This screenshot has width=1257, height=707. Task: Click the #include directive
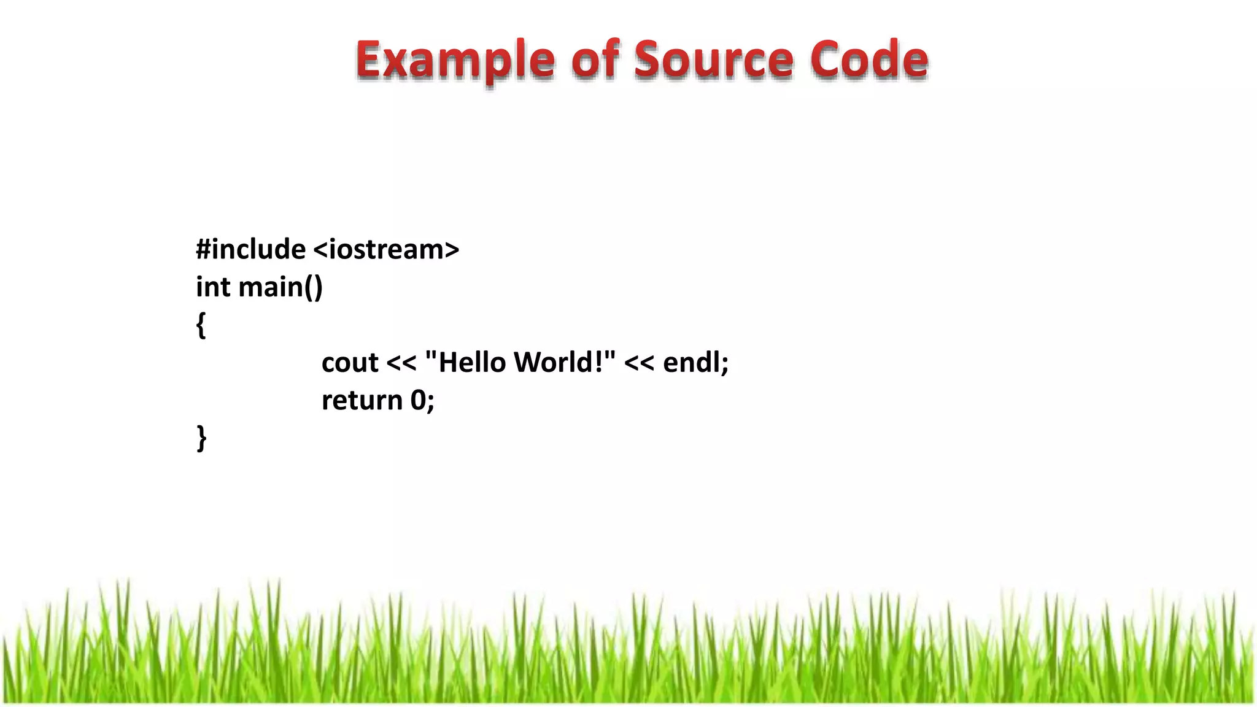(x=250, y=249)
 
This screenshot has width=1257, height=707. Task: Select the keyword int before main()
(x=213, y=287)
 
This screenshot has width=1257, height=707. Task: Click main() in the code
(x=280, y=287)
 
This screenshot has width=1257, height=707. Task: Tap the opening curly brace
(x=201, y=325)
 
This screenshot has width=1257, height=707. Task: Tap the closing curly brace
(x=201, y=438)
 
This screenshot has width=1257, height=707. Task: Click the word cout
(x=350, y=363)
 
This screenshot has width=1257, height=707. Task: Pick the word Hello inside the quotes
(x=472, y=362)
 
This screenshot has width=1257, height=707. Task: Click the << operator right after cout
(x=401, y=363)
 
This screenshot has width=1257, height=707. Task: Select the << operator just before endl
(x=639, y=363)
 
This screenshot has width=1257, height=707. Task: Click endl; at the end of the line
(x=696, y=362)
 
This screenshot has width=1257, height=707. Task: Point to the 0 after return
(x=418, y=400)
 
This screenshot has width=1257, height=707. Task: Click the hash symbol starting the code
(x=203, y=249)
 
